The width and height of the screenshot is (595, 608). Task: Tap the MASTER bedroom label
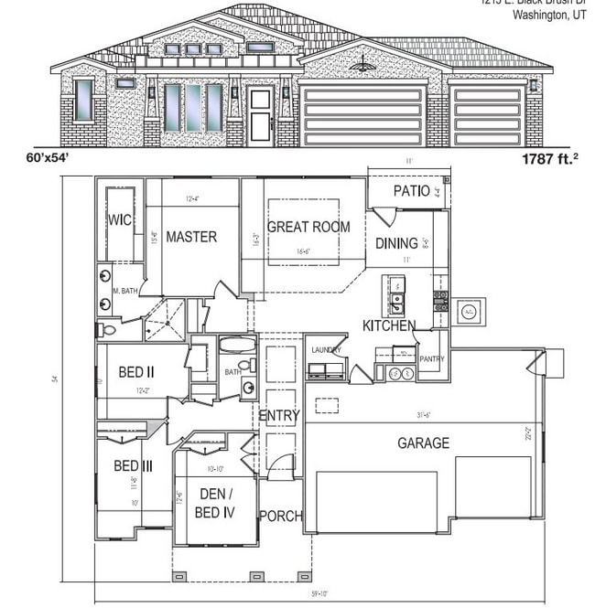[x=191, y=237]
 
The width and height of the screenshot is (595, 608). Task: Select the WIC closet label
[x=120, y=220]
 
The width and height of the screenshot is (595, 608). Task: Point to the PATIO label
[x=411, y=191]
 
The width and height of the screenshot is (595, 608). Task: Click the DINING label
[x=396, y=243]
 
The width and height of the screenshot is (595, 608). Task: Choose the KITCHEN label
[x=389, y=325]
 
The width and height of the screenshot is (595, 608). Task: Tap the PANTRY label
[x=431, y=359]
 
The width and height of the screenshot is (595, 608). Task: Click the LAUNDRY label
[x=326, y=350]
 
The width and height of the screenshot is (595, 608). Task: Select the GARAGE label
[x=423, y=443]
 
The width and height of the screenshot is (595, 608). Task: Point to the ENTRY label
[x=278, y=416]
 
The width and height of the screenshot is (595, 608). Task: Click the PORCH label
[x=280, y=516]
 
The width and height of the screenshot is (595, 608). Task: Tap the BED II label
[x=135, y=372]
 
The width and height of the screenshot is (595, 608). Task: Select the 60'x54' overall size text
[x=49, y=158]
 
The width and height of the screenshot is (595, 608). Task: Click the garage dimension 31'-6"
[x=422, y=415]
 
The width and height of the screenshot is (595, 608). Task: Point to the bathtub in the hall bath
[x=236, y=346]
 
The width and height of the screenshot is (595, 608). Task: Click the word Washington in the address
[x=533, y=14]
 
